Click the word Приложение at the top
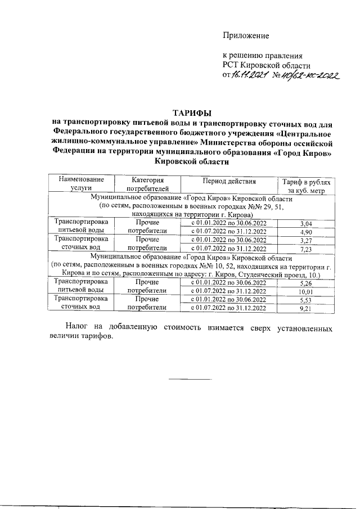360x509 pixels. click(x=246, y=35)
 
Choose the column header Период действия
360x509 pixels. click(x=229, y=181)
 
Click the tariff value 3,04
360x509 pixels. click(x=306, y=224)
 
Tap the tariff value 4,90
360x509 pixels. click(x=306, y=232)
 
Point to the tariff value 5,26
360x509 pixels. click(x=306, y=283)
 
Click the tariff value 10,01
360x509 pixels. click(x=306, y=291)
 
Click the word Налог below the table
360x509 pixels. click(x=77, y=327)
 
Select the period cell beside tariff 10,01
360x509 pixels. click(x=229, y=291)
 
